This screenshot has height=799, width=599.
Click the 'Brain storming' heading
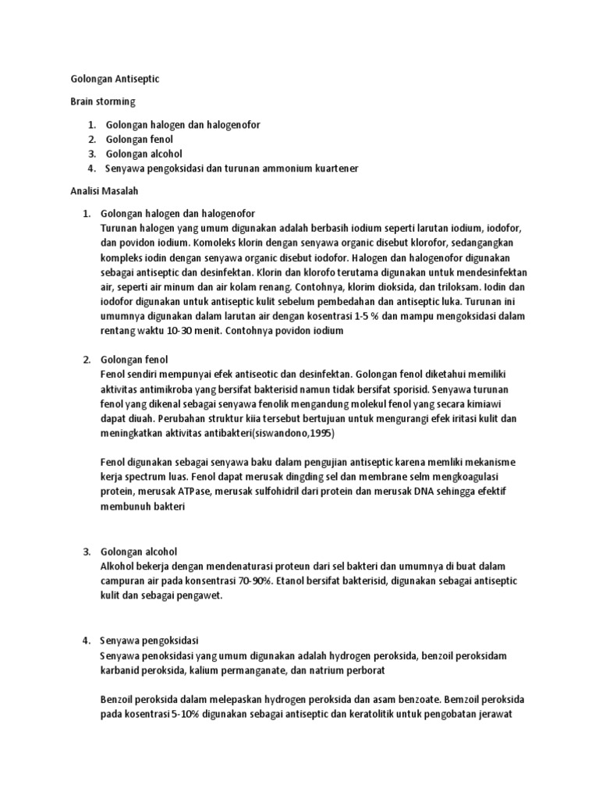102,102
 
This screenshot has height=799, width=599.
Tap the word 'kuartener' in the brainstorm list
335,169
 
